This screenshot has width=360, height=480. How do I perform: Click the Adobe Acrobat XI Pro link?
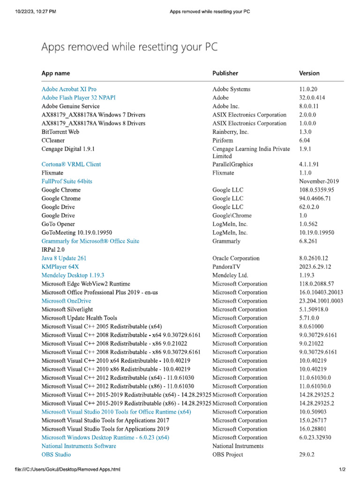click(69, 89)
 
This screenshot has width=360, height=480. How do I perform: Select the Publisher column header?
click(225, 73)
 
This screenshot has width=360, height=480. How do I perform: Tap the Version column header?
click(309, 73)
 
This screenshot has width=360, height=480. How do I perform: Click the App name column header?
click(56, 73)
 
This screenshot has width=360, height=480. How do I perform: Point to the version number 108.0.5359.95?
click(316, 190)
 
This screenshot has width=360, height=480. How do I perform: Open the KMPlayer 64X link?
click(60, 267)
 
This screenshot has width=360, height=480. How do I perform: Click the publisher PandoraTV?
click(228, 267)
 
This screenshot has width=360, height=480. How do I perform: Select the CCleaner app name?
click(53, 140)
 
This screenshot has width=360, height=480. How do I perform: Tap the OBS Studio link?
click(56, 455)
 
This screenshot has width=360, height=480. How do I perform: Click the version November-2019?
click(319, 181)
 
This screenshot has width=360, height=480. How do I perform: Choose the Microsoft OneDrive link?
click(66, 301)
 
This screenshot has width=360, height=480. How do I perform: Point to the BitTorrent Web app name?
click(61, 132)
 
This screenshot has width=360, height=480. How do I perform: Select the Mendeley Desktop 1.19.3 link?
click(73, 275)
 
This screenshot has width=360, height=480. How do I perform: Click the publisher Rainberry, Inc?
click(230, 132)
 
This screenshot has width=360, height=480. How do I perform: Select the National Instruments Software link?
click(79, 446)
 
